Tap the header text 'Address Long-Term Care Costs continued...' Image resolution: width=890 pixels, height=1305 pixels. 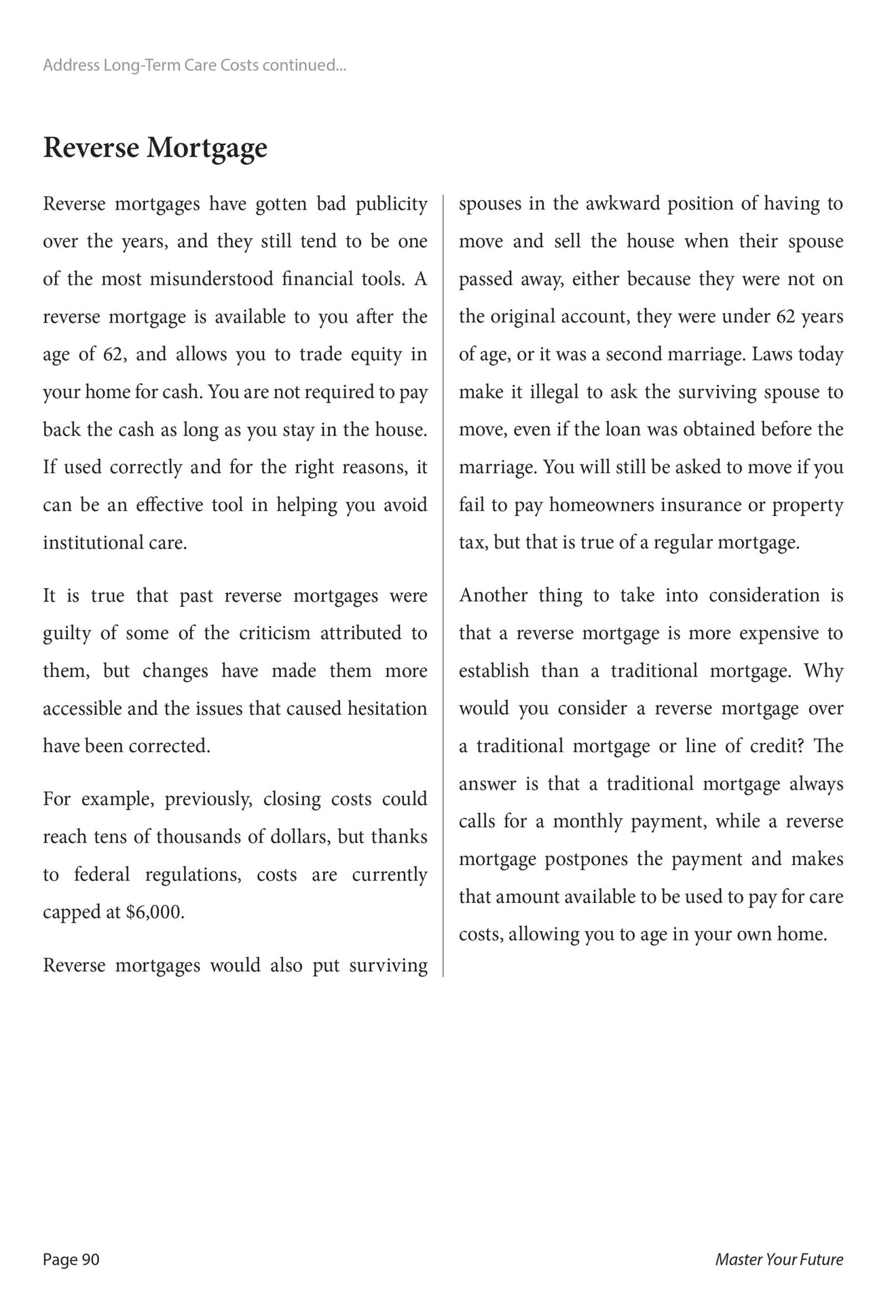pos(194,66)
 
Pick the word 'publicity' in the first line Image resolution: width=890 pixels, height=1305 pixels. pos(392,204)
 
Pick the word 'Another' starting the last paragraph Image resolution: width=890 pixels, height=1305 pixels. pos(493,595)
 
